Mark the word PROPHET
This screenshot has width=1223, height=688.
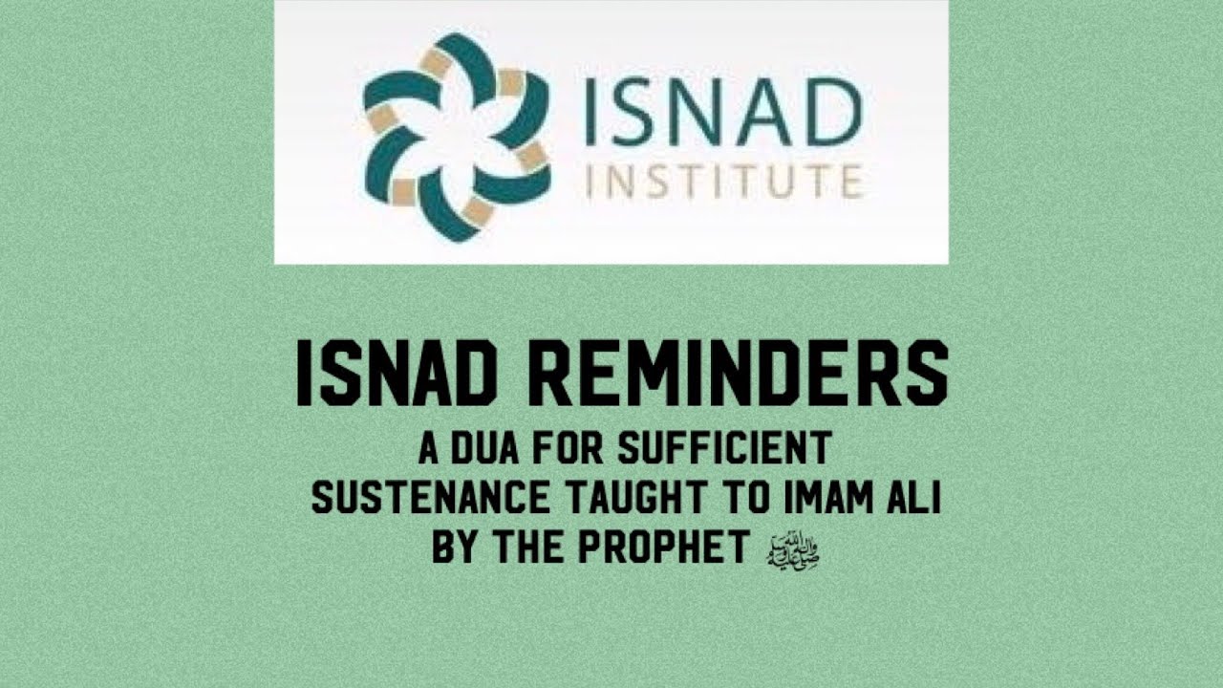click(679, 548)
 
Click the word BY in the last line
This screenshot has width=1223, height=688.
click(454, 548)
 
